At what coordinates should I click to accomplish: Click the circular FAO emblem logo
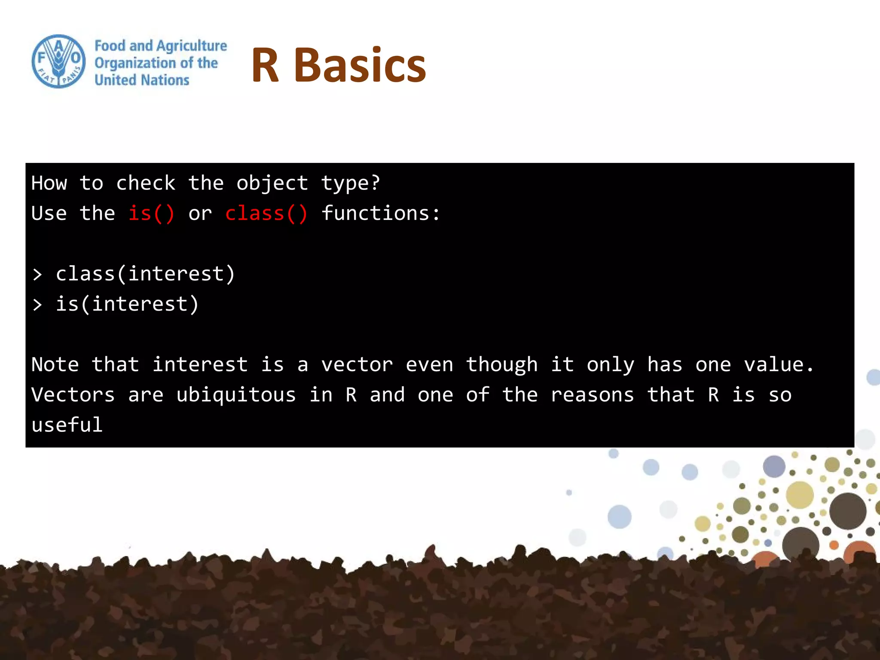(x=59, y=61)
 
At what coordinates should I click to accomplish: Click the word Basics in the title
(x=360, y=65)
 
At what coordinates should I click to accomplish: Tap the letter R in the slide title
(x=265, y=65)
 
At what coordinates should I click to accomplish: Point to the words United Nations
(x=142, y=80)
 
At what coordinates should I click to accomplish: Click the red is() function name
(x=151, y=214)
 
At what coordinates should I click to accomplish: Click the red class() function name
(x=266, y=214)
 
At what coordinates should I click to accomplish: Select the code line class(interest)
(x=145, y=274)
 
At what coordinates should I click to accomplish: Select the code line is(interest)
(x=127, y=304)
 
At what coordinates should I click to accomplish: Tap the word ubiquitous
(x=236, y=395)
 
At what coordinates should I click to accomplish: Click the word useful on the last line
(x=67, y=425)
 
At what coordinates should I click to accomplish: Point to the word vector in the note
(x=357, y=365)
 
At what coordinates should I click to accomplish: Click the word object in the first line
(x=272, y=183)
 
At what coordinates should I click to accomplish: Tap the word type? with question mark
(x=351, y=183)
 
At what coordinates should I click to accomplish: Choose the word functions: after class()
(x=381, y=214)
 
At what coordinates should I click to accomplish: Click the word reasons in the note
(x=592, y=395)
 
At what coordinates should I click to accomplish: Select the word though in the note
(x=501, y=365)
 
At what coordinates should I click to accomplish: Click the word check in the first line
(x=146, y=183)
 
